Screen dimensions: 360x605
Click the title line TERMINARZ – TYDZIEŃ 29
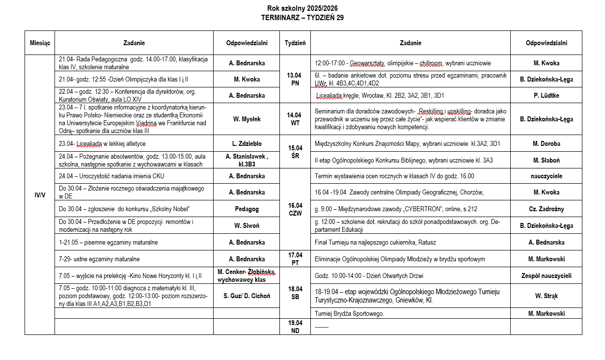(x=302, y=18)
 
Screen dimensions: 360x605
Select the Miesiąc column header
(x=40, y=43)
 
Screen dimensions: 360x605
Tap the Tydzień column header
(x=295, y=43)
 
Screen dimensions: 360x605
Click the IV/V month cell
(x=40, y=195)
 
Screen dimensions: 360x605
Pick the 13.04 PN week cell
(x=295, y=79)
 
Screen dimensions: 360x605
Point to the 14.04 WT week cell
(x=295, y=119)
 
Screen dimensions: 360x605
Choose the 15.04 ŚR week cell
(x=295, y=152)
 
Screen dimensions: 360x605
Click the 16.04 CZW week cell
(x=295, y=209)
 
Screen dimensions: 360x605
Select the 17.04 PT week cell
(x=295, y=259)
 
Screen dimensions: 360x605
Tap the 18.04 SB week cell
(x=295, y=293)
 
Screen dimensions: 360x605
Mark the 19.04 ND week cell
(x=295, y=327)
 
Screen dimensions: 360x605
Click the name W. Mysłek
(x=247, y=119)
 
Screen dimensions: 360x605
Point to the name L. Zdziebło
(x=247, y=144)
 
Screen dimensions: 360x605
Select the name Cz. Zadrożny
(x=546, y=209)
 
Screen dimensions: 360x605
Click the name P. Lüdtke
(x=546, y=95)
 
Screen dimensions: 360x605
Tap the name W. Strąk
(x=546, y=296)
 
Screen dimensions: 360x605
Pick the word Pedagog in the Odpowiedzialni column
(x=247, y=209)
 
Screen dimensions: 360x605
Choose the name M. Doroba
(x=546, y=144)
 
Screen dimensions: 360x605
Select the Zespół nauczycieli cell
(x=546, y=276)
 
